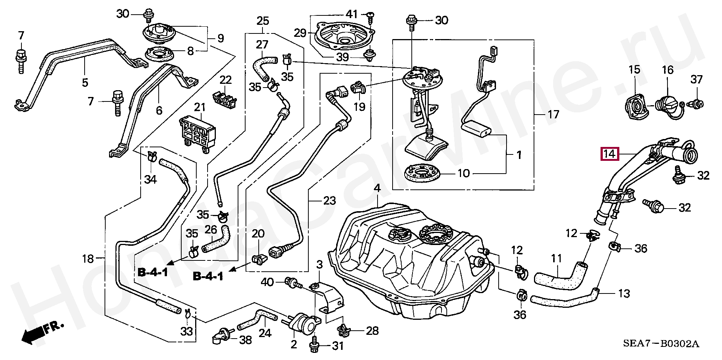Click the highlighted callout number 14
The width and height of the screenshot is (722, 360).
click(609, 154)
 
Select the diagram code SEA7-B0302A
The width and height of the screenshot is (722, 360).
click(661, 343)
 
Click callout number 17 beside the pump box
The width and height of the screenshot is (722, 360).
click(553, 114)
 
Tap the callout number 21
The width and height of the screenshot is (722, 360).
click(200, 107)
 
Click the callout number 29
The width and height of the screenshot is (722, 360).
click(300, 33)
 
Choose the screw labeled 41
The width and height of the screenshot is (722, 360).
click(371, 16)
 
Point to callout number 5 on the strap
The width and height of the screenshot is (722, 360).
click(85, 82)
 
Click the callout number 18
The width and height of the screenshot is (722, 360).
click(88, 259)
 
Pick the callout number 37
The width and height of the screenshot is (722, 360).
click(696, 79)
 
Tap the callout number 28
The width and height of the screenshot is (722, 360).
click(372, 331)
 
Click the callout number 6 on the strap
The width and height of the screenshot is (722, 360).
click(159, 110)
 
